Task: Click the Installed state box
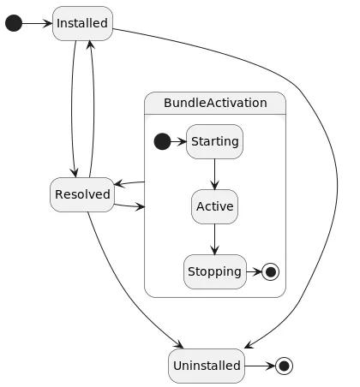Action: pos(82,23)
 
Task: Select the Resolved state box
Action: pos(82,194)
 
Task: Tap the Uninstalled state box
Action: pos(207,366)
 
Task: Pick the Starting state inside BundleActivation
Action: pos(214,141)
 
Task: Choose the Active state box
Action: pos(214,206)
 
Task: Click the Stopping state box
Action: pos(214,271)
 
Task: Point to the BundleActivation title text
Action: pos(214,104)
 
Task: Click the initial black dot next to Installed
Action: pos(14,23)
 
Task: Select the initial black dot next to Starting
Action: pos(161,141)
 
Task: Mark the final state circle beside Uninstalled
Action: pos(284,366)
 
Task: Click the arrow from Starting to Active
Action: pos(214,174)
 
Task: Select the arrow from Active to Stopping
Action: pos(214,239)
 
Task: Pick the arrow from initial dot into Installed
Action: pos(36,23)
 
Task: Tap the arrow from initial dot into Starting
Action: pos(177,141)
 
